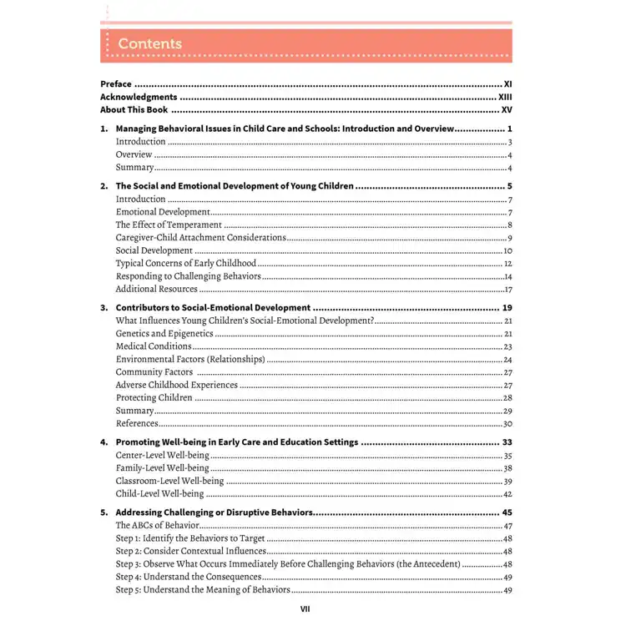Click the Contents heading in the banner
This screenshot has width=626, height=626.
(x=149, y=43)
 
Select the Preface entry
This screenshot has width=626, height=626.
(x=116, y=84)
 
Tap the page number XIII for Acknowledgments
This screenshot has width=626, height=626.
(x=504, y=97)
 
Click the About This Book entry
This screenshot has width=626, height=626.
(x=134, y=109)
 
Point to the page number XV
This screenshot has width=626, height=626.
(x=506, y=109)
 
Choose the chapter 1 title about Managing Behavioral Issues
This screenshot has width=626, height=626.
(x=284, y=129)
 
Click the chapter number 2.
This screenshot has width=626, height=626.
(x=103, y=186)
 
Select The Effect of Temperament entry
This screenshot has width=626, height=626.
(x=169, y=225)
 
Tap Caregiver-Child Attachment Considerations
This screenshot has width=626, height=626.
(x=200, y=238)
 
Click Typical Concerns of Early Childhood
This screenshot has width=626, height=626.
(x=186, y=264)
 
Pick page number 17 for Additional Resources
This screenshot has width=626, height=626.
(x=507, y=290)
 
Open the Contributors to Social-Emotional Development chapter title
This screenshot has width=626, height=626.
(x=213, y=308)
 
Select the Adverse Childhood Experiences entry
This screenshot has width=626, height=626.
(x=177, y=386)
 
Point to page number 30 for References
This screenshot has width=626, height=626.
(x=507, y=424)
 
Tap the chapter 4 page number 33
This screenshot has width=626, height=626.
(x=507, y=442)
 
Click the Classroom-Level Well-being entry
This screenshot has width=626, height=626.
(x=169, y=482)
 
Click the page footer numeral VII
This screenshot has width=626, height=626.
(x=305, y=609)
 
